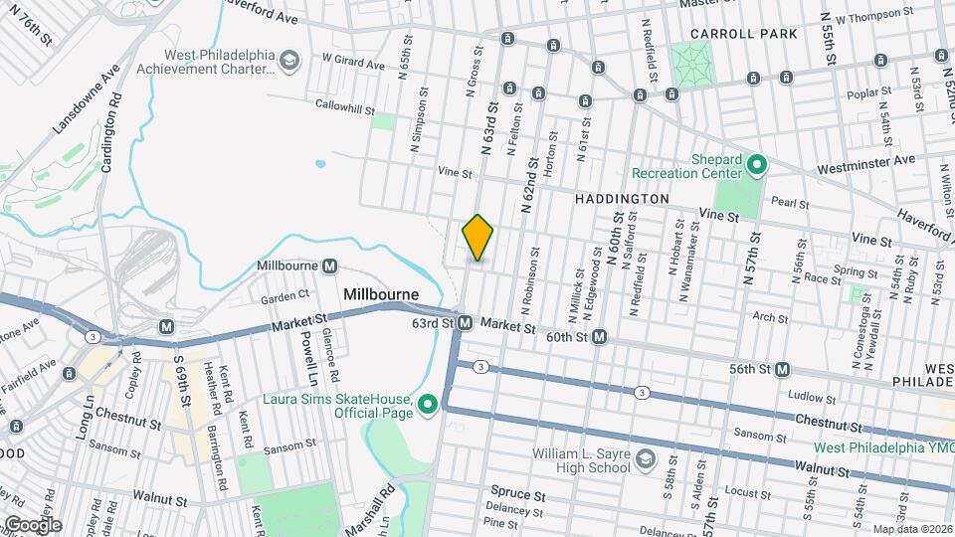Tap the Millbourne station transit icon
point(329,267)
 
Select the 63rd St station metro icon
point(465,322)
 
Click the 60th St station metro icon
point(600,338)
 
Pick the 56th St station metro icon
point(783,369)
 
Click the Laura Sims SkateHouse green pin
point(429,404)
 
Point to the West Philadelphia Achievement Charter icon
point(288,61)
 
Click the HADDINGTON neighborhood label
point(623,199)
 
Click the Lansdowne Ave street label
point(87,99)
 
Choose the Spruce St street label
point(517,493)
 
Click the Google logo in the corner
point(32,524)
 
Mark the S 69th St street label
point(181,374)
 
